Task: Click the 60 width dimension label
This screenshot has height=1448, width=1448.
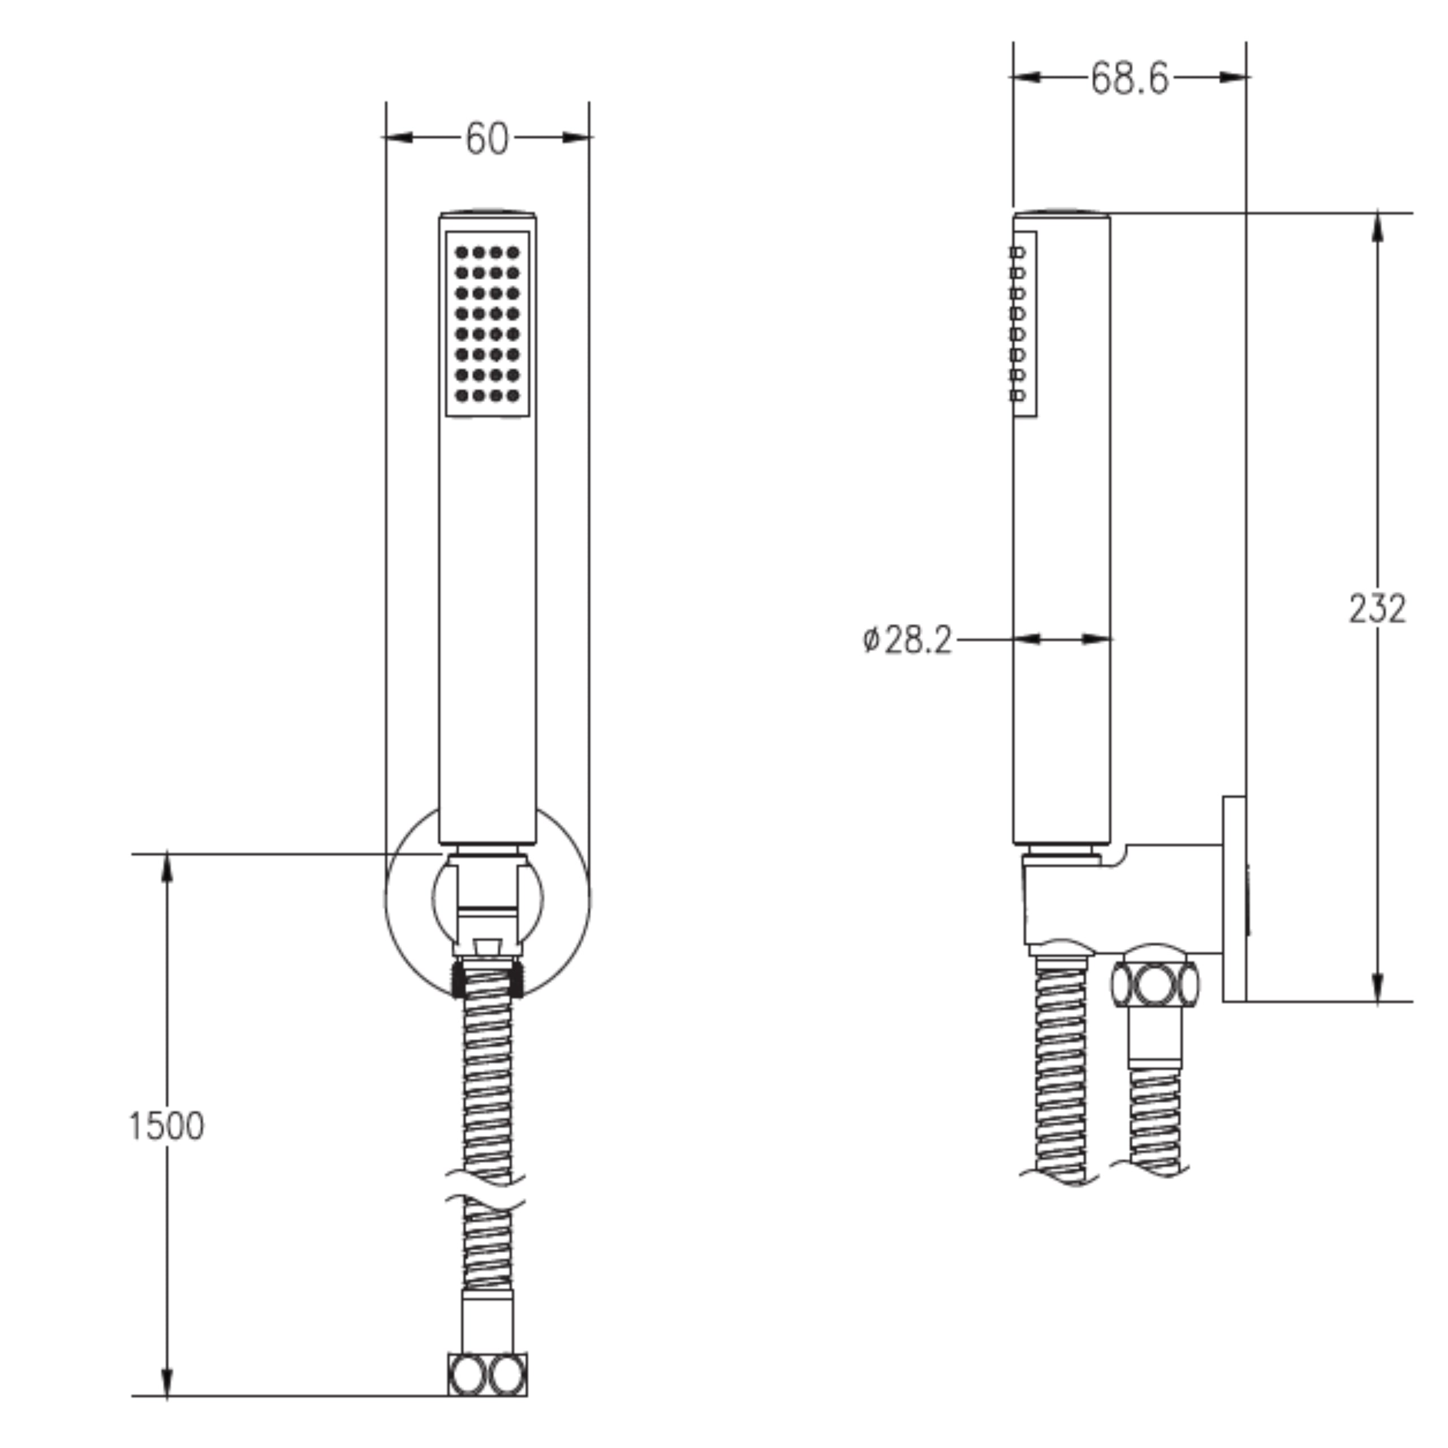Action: coord(486,139)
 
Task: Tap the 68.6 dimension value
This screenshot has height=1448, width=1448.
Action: coord(1129,78)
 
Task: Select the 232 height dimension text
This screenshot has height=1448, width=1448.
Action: coord(1377,609)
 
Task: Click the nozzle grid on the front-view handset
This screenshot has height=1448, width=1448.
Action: coord(487,324)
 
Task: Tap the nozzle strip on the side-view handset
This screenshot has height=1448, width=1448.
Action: coord(1023,324)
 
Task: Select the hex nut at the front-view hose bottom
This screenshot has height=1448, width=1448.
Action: coord(487,1375)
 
